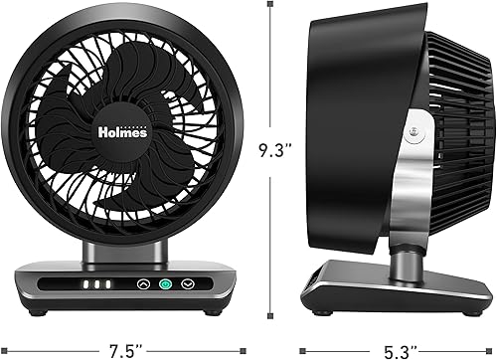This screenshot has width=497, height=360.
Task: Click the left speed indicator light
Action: click(x=85, y=284)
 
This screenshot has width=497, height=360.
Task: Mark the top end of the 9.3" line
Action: click(x=269, y=5)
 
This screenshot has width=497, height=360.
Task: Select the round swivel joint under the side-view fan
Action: click(x=405, y=261)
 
